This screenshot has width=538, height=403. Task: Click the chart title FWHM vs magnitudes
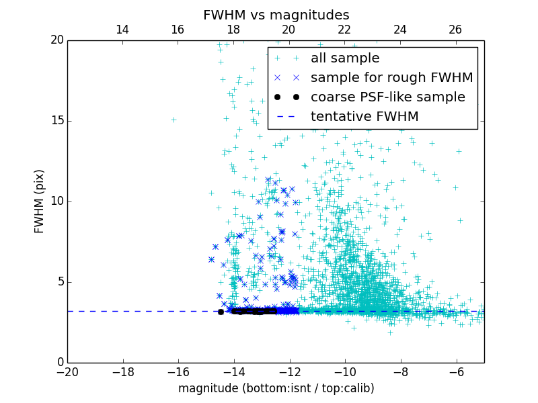click(276, 15)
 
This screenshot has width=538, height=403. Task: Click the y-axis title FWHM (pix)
click(40, 201)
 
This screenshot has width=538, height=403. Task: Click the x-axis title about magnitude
click(276, 388)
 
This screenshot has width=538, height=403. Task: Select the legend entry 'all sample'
click(344, 58)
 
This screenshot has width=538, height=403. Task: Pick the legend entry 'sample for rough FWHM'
click(391, 78)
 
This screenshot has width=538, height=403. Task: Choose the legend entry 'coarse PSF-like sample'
click(387, 97)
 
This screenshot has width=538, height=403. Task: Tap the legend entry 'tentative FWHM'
click(364, 117)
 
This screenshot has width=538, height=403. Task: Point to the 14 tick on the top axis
click(122, 30)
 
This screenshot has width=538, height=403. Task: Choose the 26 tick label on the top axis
click(455, 30)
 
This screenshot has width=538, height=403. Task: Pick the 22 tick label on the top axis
click(344, 30)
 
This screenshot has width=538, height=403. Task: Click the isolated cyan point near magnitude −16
click(174, 120)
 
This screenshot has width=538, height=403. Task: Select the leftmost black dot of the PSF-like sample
click(221, 312)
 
